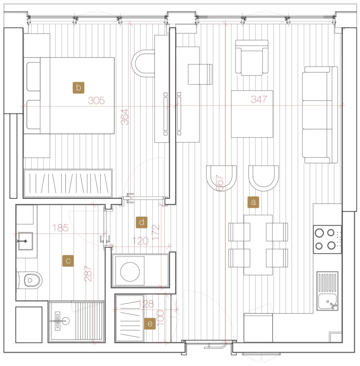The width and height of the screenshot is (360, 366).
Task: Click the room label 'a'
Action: pyautogui.click(x=253, y=202)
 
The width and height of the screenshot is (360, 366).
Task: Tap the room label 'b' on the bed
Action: pyautogui.click(x=78, y=88)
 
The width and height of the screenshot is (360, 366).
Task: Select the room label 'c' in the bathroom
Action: pyautogui.click(x=68, y=261)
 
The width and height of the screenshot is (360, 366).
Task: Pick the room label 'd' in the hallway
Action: pyautogui.click(x=142, y=222)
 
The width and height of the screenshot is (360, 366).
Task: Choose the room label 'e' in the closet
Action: pyautogui.click(x=150, y=323)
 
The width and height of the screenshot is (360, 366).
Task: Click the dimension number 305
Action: pyautogui.click(x=96, y=101)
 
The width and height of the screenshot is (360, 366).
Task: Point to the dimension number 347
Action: pyautogui.click(x=259, y=99)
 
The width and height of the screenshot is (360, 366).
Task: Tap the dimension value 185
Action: pyautogui.click(x=60, y=228)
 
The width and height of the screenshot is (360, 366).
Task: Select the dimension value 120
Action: pyautogui.click(x=140, y=241)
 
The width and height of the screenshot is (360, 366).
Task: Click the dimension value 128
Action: pyautogui.click(x=146, y=304)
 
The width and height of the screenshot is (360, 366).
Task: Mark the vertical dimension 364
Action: pyautogui.click(x=125, y=117)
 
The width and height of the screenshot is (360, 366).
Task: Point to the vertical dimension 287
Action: pyautogui.click(x=88, y=273)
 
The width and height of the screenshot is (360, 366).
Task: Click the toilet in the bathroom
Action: pyautogui.click(x=29, y=280)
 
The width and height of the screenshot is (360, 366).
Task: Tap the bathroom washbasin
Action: pyautogui.click(x=26, y=241)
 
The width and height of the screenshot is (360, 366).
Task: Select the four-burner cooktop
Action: pyautogui.click(x=327, y=239)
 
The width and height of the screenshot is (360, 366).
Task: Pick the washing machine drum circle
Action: pyautogui.click(x=130, y=272)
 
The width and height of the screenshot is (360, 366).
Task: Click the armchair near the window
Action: pyautogui.click(x=252, y=58)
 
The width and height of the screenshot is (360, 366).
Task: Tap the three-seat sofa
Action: pyautogui.click(x=320, y=115)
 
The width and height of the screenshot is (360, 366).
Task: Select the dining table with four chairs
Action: pyautogui.click(x=258, y=245)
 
